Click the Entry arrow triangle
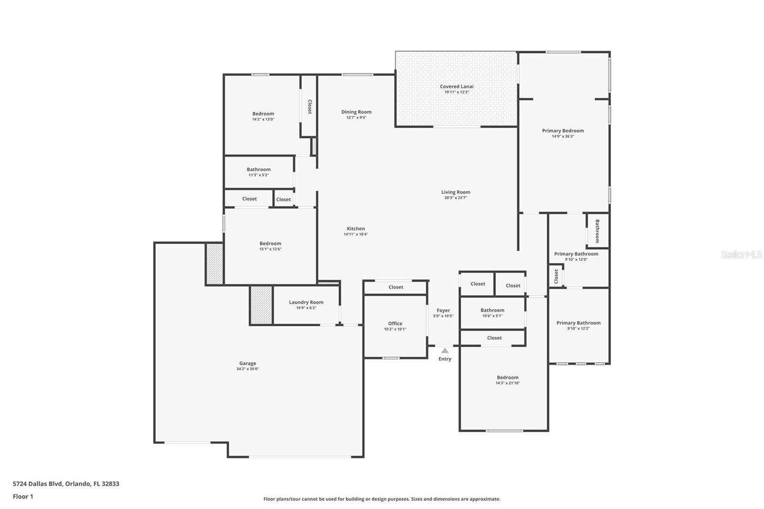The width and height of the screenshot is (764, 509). tap(445, 350)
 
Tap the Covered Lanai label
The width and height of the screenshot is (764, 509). tap(456, 86)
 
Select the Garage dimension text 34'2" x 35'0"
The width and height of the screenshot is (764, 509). tap(247, 369)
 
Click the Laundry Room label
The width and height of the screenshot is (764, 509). tap(306, 302)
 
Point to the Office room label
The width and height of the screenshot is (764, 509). tap(395, 323)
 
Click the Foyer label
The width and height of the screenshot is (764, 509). tap(443, 310)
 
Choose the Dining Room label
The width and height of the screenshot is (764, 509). tap(356, 112)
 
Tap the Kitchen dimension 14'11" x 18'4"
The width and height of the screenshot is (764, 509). tap(356, 234)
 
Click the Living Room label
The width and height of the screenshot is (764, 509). tap(456, 192)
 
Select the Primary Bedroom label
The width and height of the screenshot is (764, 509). tap(562, 130)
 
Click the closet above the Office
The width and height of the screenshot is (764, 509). tap(395, 287)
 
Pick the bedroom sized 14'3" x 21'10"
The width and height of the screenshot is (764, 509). tap(507, 380)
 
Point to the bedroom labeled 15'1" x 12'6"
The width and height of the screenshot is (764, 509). tap(270, 245)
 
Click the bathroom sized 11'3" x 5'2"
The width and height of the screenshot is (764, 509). tap(258, 171)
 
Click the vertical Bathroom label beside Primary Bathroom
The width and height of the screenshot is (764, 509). tap(597, 231)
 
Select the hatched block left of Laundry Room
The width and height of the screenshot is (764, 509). tap(261, 305)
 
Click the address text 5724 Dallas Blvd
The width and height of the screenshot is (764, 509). tap(66, 483)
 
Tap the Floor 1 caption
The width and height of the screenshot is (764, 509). tap(23, 496)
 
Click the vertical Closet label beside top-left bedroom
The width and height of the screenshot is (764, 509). tap(309, 106)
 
